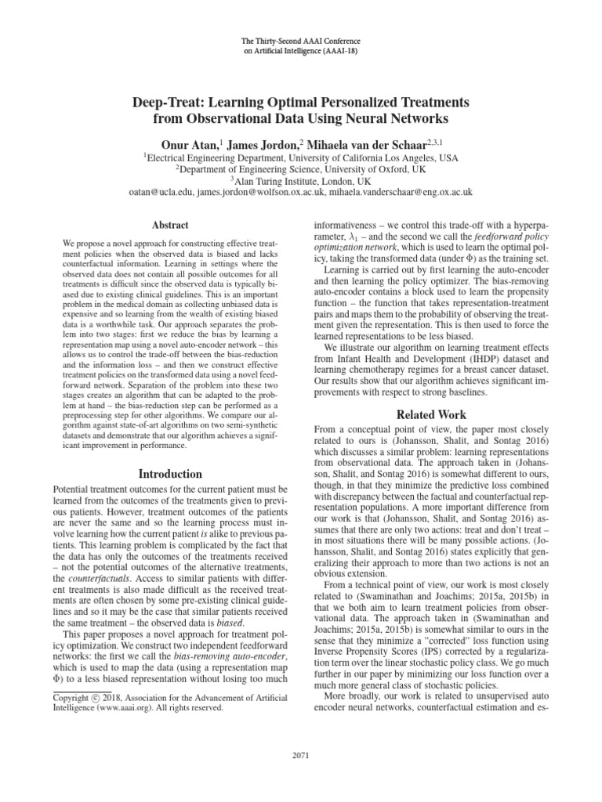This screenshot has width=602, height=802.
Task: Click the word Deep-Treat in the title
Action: [x=169, y=103]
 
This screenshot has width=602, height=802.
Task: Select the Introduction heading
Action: [x=170, y=474]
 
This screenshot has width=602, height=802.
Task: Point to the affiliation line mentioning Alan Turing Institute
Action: [x=301, y=179]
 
